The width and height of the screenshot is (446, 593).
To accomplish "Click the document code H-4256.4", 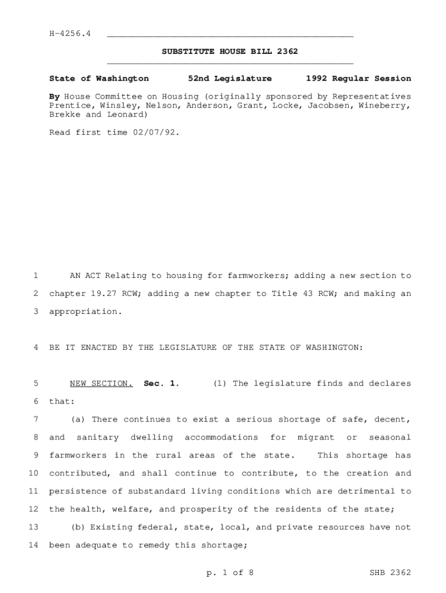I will (70, 34).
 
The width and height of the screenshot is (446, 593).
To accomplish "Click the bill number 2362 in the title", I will (287, 52).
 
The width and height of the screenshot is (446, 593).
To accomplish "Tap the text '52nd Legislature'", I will (230, 78).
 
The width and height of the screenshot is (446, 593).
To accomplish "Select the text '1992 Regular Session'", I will (359, 78).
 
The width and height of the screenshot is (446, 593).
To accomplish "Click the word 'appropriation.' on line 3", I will (86, 312).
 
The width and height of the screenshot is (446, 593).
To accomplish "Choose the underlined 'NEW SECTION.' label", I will (101, 383).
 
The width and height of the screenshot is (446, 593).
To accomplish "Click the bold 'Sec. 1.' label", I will (162, 383).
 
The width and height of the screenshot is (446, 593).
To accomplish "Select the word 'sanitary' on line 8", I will (97, 437).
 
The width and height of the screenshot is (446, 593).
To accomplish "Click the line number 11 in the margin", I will (33, 491).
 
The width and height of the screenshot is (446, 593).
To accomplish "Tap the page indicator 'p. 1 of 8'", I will (229, 573).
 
